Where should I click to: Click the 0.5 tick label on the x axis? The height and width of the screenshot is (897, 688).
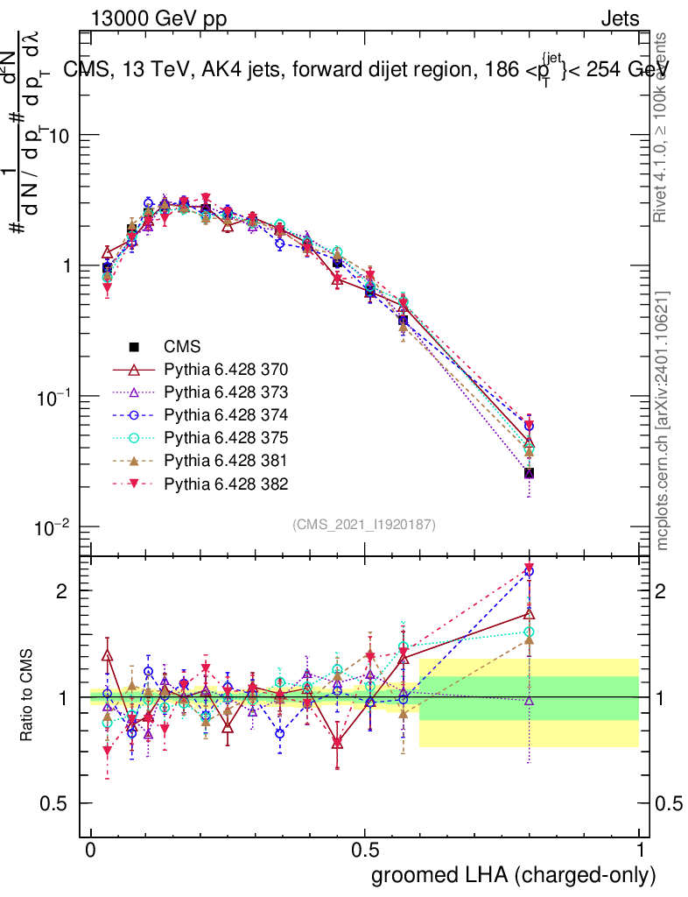tap(365, 851)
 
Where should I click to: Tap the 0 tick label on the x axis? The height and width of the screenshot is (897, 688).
tap(91, 851)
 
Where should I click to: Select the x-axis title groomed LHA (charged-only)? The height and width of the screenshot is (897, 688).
tap(514, 875)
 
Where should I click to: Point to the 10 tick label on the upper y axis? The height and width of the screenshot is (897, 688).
tap(58, 136)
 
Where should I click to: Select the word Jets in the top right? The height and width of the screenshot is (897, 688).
tap(619, 18)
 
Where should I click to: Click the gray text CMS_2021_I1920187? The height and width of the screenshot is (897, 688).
tap(364, 524)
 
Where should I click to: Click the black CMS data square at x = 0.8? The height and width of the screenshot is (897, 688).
tap(529, 473)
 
